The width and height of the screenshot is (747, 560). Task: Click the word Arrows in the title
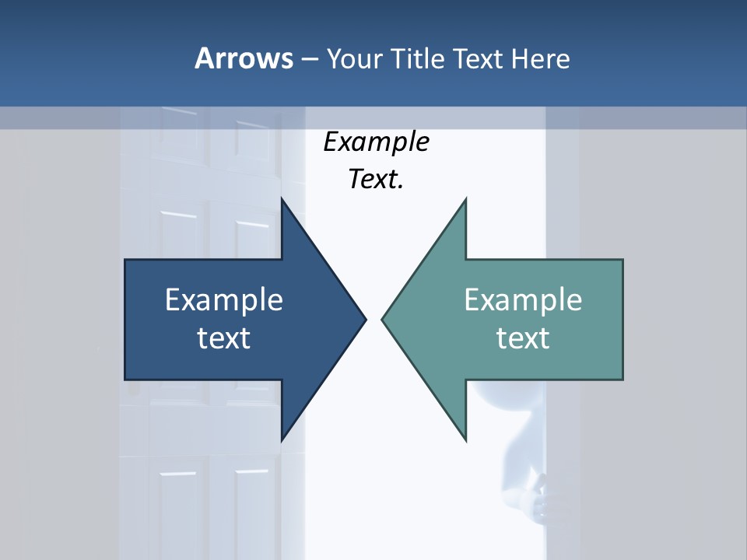coord(243,58)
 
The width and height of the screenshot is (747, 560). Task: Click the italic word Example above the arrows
coord(376,142)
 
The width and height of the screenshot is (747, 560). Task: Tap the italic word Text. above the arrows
coord(376,180)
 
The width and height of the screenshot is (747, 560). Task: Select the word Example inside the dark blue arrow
coord(224,299)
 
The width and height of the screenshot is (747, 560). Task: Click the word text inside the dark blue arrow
coord(224,338)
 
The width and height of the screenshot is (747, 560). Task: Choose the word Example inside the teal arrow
coord(523,299)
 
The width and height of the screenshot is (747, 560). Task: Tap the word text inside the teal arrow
coord(523,338)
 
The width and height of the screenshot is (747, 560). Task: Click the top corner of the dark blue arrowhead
coord(282,199)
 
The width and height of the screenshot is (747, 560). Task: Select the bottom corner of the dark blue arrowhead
coord(282,439)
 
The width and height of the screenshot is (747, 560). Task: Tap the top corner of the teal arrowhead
coord(465,199)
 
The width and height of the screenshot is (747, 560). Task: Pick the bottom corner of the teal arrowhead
coord(465,439)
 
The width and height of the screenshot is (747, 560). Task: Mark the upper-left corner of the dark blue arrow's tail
coord(126,261)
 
